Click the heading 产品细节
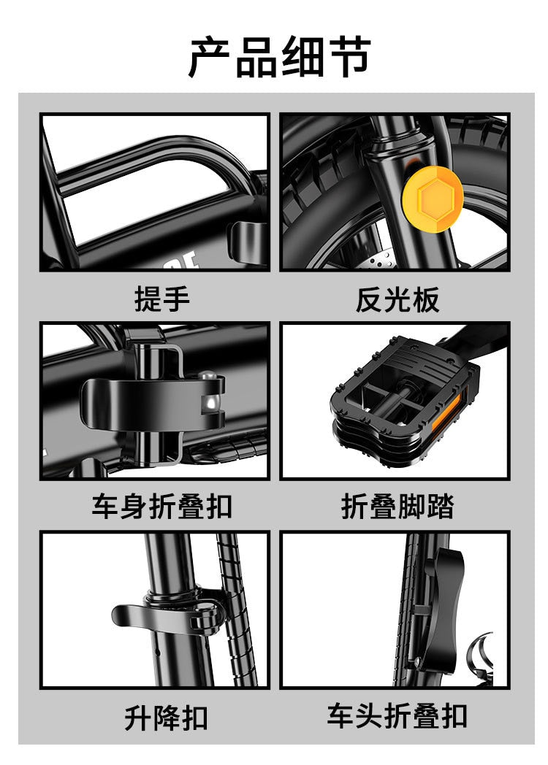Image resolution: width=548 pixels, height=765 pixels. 280,57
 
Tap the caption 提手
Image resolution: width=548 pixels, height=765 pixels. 161,299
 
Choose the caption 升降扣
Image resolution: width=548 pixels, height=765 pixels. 166,718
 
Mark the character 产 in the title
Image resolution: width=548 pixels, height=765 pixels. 211,57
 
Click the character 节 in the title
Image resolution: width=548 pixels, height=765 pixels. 349,57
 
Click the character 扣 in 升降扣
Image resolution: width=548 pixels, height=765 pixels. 194,718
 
